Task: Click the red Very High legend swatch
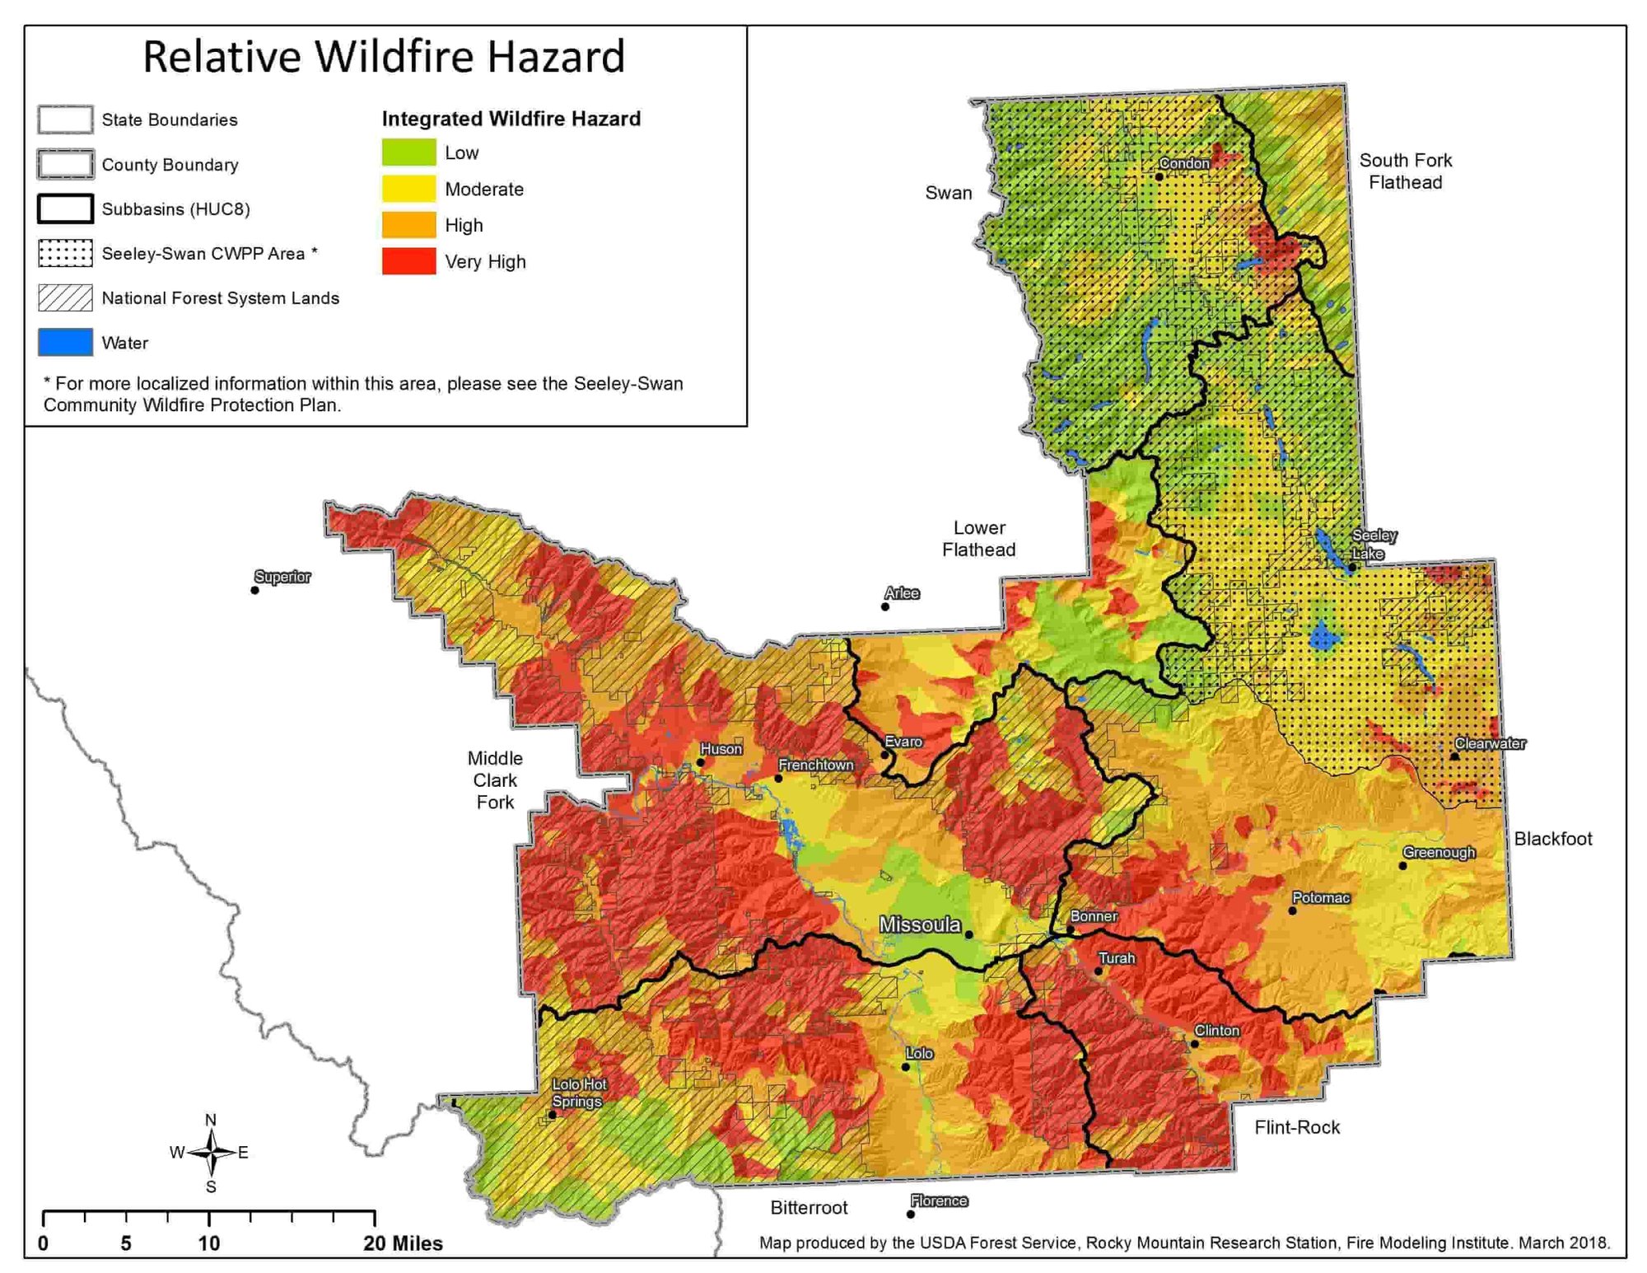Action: [408, 261]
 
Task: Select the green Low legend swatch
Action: [408, 152]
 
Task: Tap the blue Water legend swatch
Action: [65, 343]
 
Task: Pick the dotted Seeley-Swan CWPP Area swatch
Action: [65, 254]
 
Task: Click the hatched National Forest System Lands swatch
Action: [65, 298]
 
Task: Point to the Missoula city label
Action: [919, 924]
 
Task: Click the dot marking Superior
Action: [255, 590]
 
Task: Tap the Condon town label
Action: [1184, 163]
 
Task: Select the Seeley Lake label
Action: [1374, 545]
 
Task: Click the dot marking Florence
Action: [911, 1214]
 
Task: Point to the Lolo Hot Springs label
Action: [579, 1093]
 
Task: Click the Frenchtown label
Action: [815, 765]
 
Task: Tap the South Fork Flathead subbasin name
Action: [1405, 171]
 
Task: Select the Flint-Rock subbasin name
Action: [1297, 1127]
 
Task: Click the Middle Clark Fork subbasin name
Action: [495, 779]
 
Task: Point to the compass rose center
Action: [212, 1153]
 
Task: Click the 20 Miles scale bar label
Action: [403, 1243]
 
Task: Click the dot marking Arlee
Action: [885, 606]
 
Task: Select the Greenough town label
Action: [1439, 852]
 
